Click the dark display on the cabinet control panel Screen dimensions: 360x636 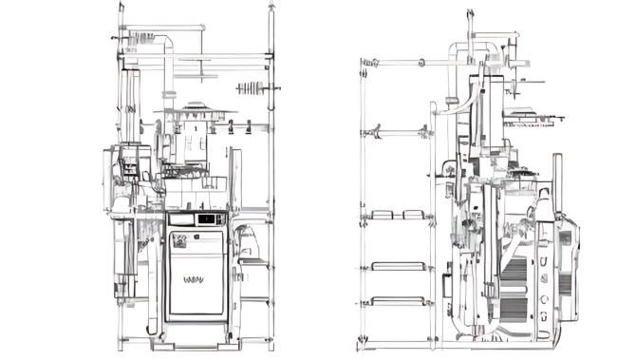pos(205,218)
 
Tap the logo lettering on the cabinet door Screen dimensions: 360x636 pos(194,280)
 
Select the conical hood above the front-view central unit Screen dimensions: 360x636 pos(194,119)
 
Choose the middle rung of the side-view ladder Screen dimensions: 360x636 pos(397,265)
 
